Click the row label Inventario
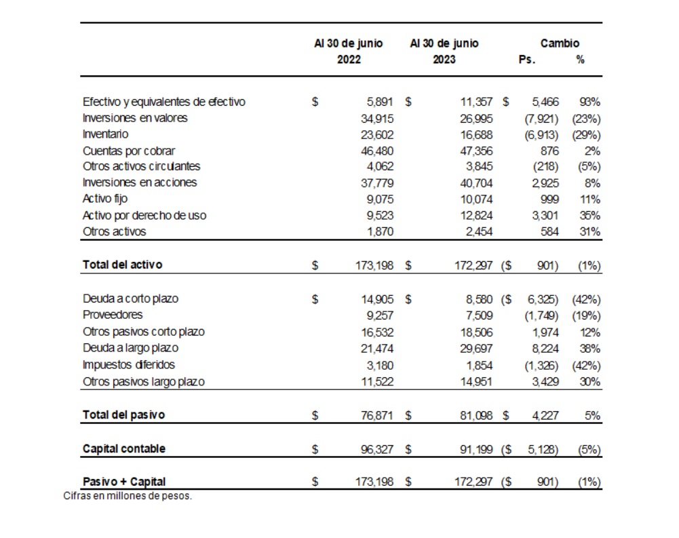105,134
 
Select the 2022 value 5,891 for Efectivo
380,102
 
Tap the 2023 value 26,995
475,118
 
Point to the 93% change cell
589,102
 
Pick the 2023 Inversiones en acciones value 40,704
475,182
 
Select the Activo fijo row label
104,199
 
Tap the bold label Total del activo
122,265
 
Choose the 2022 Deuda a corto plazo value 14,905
377,299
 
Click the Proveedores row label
113,315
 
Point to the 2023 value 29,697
475,348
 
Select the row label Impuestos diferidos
128,364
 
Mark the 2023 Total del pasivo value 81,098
475,415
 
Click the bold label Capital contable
123,448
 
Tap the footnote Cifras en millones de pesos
128,496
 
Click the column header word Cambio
560,43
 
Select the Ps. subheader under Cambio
527,59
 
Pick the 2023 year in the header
444,59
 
